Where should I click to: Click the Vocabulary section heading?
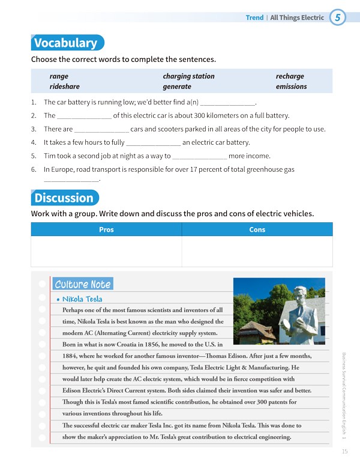[x=65, y=43]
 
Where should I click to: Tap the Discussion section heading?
[x=64, y=198]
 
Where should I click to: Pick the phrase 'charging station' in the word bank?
[x=188, y=76]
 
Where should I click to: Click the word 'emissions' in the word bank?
[x=291, y=86]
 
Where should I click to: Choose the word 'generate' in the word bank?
[x=177, y=86]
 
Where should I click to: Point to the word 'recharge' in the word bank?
[x=290, y=76]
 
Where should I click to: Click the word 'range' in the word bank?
[x=59, y=76]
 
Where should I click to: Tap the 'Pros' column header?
[x=106, y=229]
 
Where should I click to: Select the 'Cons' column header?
[x=257, y=229]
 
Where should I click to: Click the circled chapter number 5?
[x=338, y=18]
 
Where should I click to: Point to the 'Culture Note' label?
[x=82, y=285]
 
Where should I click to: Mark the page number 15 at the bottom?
[x=344, y=452]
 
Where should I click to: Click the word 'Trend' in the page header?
[x=254, y=18]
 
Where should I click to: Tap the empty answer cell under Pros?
[x=106, y=251]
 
